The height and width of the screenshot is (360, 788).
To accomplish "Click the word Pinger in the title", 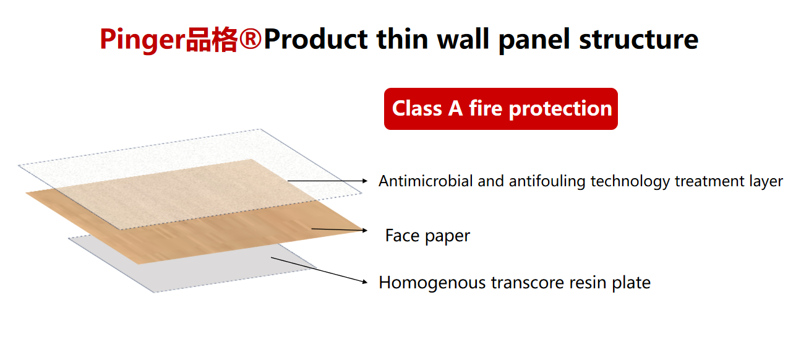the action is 142,40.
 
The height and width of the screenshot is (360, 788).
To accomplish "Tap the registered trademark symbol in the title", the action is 251,39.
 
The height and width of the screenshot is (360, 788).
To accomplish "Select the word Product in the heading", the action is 316,39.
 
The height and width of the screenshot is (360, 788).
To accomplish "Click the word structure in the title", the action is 638,39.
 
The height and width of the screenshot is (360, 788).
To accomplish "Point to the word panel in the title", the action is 534,40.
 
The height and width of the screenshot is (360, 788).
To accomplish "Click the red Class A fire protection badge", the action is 501,109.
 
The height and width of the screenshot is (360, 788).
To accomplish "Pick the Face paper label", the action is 427,236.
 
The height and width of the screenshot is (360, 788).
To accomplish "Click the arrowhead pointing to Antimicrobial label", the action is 365,181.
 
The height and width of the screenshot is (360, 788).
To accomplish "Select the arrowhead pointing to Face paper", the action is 365,231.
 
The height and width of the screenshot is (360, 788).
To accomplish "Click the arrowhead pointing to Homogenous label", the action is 365,281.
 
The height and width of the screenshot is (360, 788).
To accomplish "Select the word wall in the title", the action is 463,39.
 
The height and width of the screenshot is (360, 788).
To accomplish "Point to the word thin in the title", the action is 402,39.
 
